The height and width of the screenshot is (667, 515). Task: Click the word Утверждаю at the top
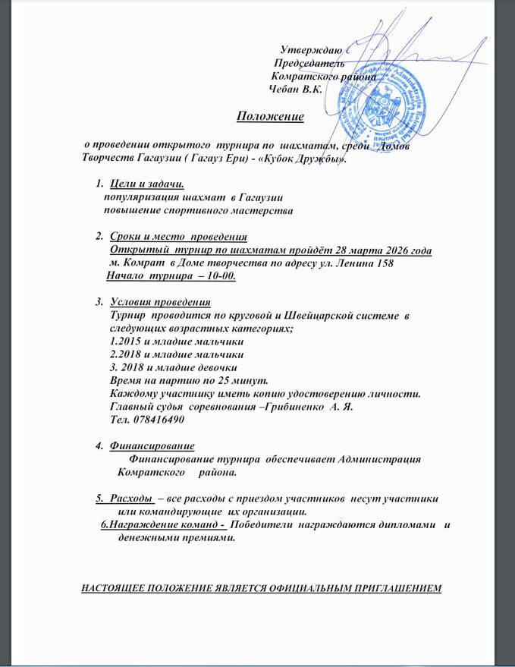tap(309, 50)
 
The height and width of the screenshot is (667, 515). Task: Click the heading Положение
tap(271, 116)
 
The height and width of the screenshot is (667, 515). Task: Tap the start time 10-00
tap(216, 275)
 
